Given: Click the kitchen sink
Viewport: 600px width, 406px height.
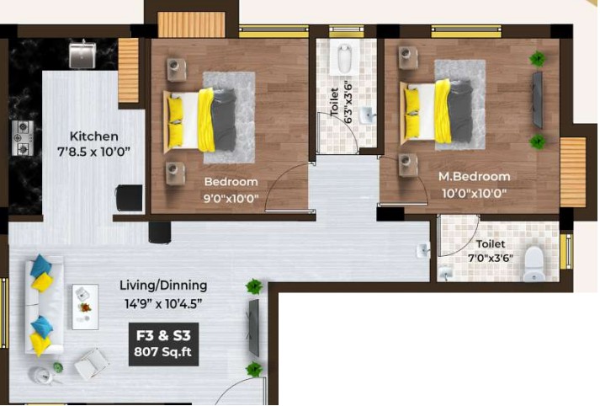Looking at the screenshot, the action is pos(82,55).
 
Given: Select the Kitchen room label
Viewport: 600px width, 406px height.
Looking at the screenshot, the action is pos(93,136).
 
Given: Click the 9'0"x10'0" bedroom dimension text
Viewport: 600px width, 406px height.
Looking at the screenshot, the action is pos(231,199).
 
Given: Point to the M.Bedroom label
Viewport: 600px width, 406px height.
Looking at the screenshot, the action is pos(474,177).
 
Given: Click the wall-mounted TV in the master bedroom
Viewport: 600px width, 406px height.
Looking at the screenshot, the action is pos(538,99).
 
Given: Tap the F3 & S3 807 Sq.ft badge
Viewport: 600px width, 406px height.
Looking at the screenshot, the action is pos(163,344).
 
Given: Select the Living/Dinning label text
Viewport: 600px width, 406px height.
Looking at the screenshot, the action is pos(163,286).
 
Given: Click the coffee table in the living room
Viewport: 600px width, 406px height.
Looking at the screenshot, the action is pos(85,307).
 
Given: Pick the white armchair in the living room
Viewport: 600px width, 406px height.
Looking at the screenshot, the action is pos(91,364).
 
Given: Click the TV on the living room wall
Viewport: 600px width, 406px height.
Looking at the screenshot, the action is pos(253,328).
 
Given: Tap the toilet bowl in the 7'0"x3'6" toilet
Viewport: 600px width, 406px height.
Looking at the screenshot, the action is pos(534,264).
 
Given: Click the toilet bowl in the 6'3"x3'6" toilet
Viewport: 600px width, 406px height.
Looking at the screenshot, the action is pos(345,59).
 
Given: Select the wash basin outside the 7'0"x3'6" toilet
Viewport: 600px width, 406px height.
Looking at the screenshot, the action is pos(423,250).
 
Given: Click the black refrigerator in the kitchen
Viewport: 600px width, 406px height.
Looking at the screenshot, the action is pos(130,198).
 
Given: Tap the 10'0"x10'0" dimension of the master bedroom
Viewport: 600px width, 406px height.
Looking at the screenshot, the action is pos(474,193).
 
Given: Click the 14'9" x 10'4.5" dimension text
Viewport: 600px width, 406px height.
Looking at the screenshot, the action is pos(163,304).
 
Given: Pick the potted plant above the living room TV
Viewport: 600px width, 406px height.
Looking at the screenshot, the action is pos(253,286).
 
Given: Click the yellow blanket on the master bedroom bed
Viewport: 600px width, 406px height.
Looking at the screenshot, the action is pos(443,111).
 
